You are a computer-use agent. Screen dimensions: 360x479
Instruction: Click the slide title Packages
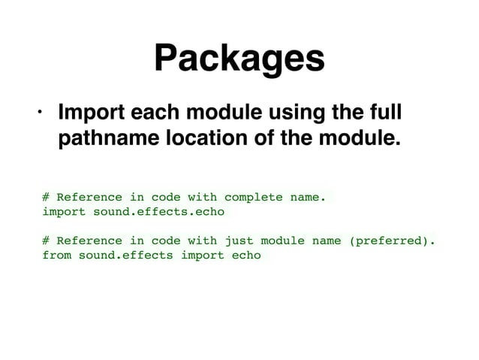(x=239, y=59)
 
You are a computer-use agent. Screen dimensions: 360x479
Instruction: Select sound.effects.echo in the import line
(x=158, y=212)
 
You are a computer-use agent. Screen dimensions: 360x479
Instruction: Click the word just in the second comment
(x=239, y=241)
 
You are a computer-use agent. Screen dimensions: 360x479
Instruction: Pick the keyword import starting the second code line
(x=64, y=212)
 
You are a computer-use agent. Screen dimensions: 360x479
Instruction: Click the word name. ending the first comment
(x=308, y=198)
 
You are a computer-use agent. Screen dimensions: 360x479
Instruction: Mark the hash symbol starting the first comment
(x=46, y=198)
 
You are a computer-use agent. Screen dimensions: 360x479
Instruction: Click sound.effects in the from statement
(x=125, y=256)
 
